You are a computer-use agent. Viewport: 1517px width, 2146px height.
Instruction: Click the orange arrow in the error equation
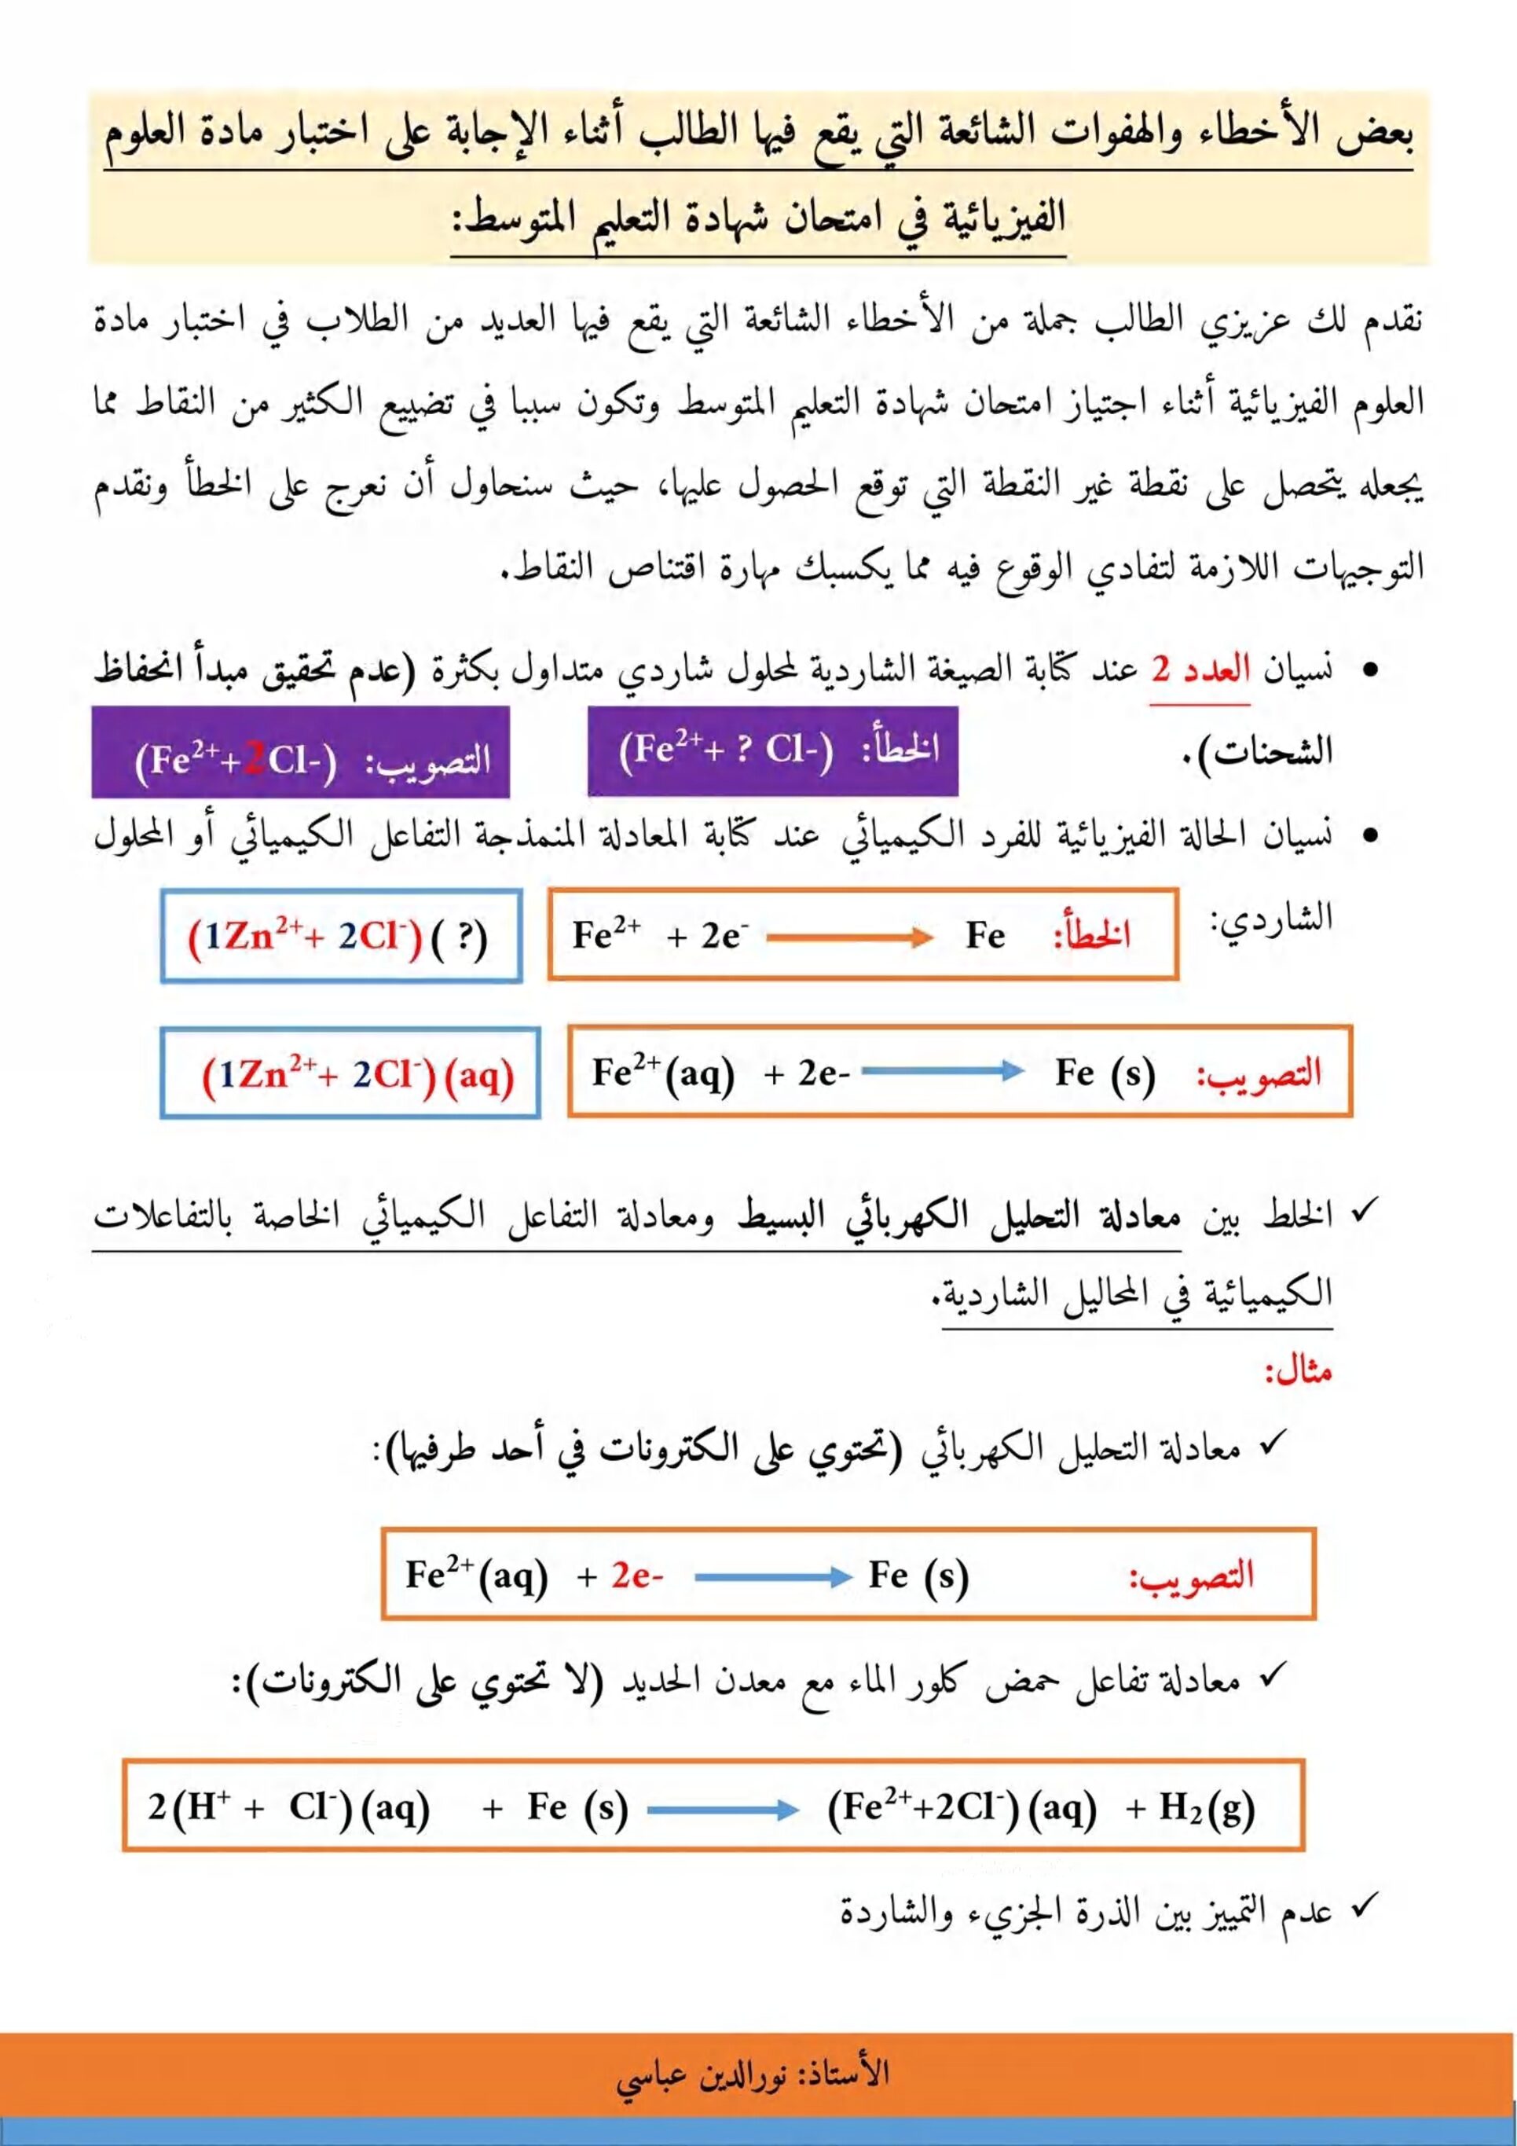coord(850,937)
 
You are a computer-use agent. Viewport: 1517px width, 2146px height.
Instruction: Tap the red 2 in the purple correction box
coord(256,760)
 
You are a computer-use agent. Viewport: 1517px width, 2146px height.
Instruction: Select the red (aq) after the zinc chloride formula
coord(478,1076)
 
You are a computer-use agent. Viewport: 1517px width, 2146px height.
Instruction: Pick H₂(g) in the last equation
coord(1207,1807)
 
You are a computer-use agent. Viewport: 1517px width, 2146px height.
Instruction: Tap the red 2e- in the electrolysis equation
coord(637,1576)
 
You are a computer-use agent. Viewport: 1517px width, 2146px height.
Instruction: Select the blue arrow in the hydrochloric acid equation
coord(723,1810)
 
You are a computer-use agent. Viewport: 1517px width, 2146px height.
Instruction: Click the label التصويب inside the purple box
coord(427,760)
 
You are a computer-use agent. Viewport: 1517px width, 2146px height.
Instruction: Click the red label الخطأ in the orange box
coord(1092,934)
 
